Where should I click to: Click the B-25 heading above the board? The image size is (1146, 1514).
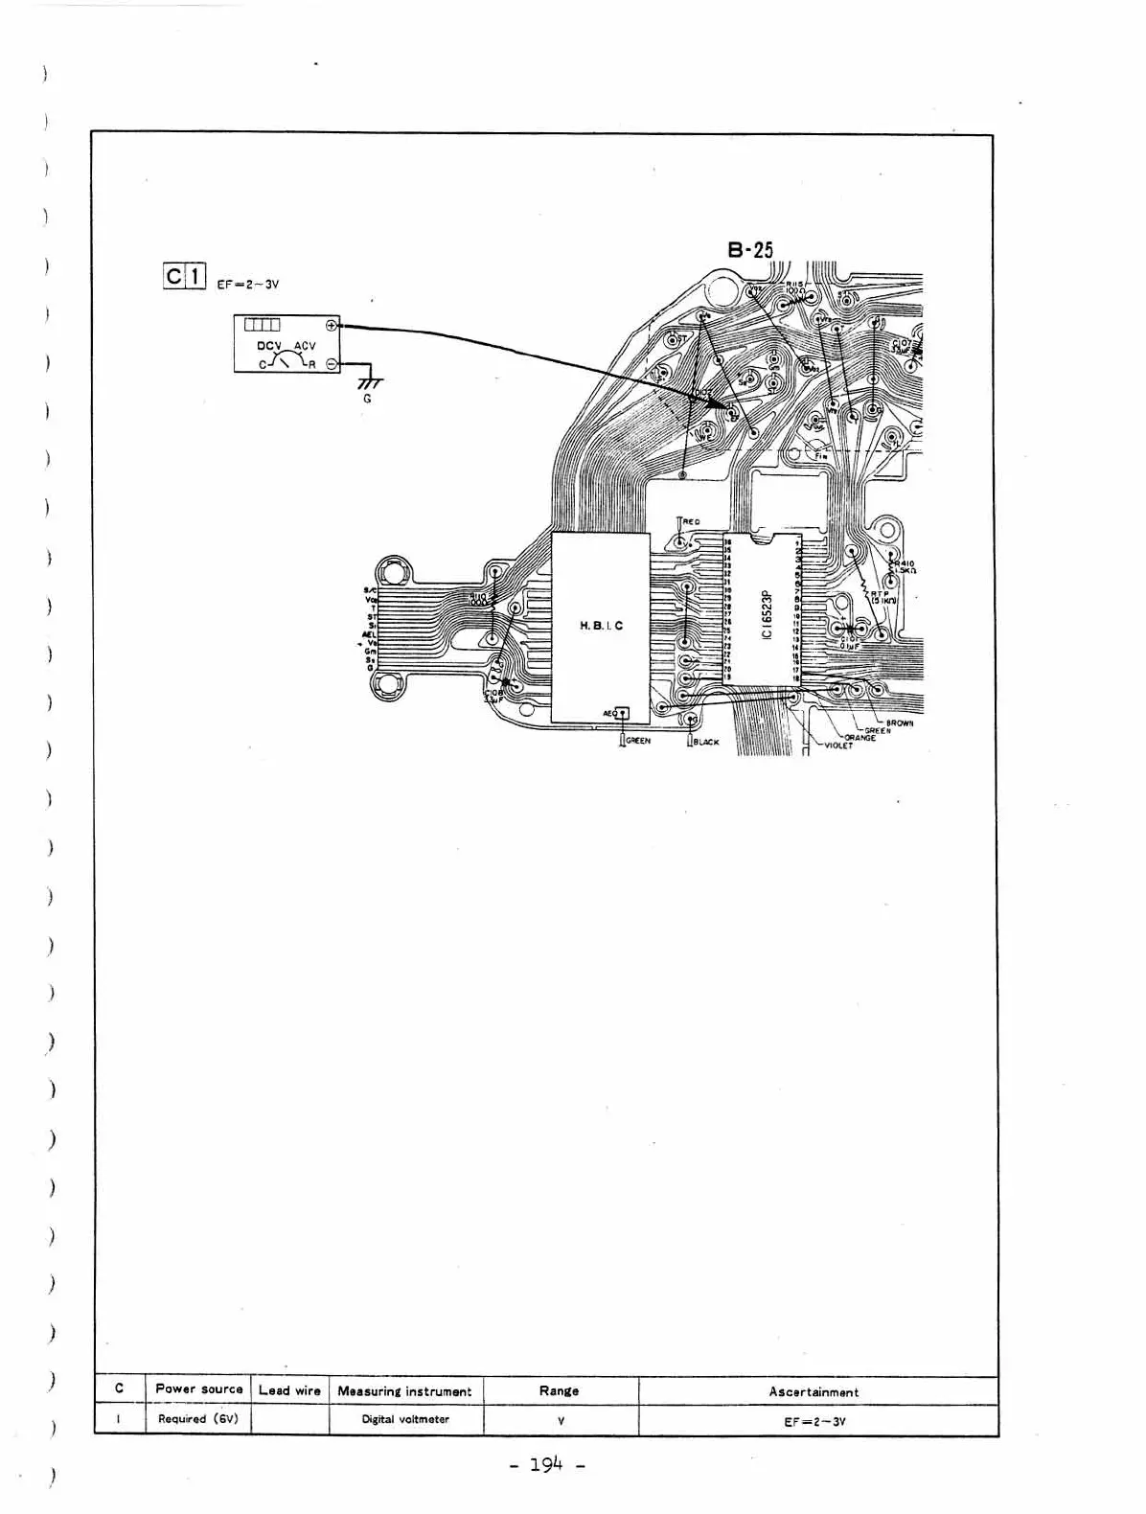click(749, 250)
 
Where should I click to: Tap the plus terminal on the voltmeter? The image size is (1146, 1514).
click(332, 325)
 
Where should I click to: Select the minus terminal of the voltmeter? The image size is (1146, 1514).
click(332, 364)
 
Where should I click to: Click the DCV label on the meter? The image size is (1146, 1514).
click(269, 346)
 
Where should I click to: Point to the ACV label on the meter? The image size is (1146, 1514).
click(305, 346)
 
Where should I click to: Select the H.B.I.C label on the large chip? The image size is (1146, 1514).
click(601, 626)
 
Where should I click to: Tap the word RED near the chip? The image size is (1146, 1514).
click(691, 522)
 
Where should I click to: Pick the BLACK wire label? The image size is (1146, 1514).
click(706, 743)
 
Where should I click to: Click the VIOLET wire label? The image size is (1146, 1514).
click(837, 746)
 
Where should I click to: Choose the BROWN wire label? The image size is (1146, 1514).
click(899, 723)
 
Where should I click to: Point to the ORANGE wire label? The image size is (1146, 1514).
click(859, 738)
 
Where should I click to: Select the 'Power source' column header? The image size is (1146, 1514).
click(199, 1388)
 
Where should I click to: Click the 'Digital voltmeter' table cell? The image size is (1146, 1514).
click(404, 1419)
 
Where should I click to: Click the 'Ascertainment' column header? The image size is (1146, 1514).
click(814, 1391)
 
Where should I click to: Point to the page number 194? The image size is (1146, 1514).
click(547, 1465)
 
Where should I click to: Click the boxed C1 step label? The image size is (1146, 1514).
click(184, 277)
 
